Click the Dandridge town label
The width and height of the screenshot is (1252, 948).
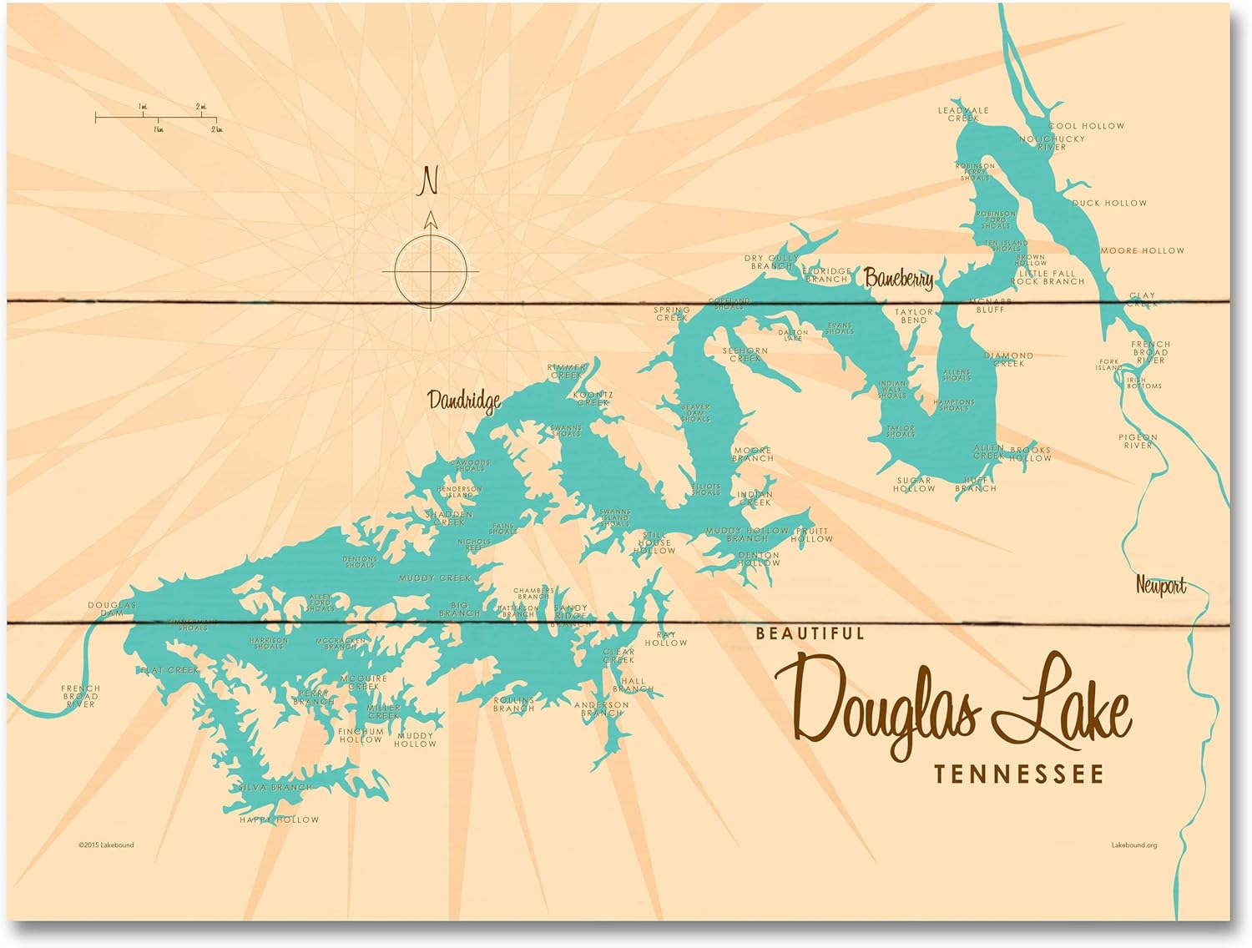click(464, 401)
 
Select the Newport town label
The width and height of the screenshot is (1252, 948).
click(1160, 586)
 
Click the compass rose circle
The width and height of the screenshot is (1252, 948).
click(431, 271)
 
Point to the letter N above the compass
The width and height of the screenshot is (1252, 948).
click(429, 181)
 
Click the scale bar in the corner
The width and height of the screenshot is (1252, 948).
click(158, 118)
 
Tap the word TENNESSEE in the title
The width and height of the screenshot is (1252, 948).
click(1018, 775)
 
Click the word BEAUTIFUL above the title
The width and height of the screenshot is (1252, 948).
click(810, 633)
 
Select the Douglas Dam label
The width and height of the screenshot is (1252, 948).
click(111, 609)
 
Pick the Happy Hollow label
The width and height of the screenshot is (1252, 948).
click(279, 819)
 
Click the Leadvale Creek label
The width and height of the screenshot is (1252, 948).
click(963, 114)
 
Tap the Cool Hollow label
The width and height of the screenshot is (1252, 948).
click(1086, 126)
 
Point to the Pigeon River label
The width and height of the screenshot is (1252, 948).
click(1138, 441)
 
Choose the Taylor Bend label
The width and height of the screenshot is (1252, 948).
click(914, 316)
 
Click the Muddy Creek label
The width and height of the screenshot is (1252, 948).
click(434, 577)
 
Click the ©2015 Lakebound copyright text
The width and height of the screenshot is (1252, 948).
click(106, 845)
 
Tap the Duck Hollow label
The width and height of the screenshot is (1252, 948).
click(1109, 203)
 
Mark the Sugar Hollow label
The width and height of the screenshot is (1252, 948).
click(914, 485)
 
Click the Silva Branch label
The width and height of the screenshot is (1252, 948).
click(275, 787)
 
